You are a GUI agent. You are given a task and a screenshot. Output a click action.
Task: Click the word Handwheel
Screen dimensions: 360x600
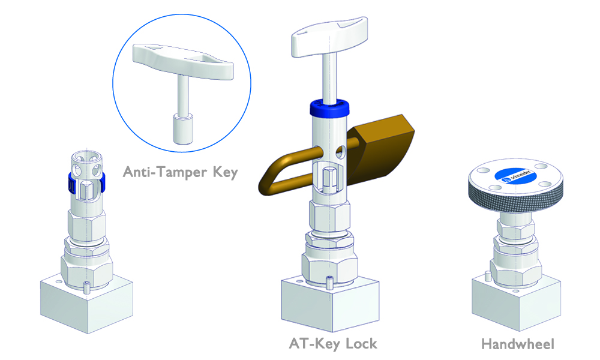point(517,344)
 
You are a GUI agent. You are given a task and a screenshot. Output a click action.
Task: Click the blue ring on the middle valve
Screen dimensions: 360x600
point(329,109)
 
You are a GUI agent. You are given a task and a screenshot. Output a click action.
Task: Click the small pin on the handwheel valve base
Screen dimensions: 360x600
point(487,277)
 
